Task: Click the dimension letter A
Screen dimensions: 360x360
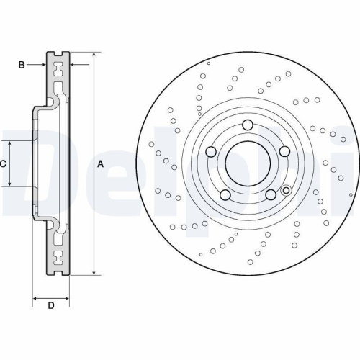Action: (x=100, y=164)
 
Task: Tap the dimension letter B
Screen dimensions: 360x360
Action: (x=22, y=66)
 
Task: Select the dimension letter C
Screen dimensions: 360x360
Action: (x=4, y=164)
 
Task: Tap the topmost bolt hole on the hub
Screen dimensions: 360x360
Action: (x=247, y=123)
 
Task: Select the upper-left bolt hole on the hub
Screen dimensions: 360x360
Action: (x=211, y=151)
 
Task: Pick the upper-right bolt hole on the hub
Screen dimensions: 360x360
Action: (x=284, y=150)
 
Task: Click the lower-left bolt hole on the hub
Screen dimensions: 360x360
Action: (x=225, y=195)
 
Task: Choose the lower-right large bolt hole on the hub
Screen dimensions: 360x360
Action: (x=270, y=195)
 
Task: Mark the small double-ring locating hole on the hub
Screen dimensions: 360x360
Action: (x=286, y=191)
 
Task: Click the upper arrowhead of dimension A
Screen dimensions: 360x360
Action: (x=94, y=55)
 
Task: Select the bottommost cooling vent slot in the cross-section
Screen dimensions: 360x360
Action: (x=57, y=258)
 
